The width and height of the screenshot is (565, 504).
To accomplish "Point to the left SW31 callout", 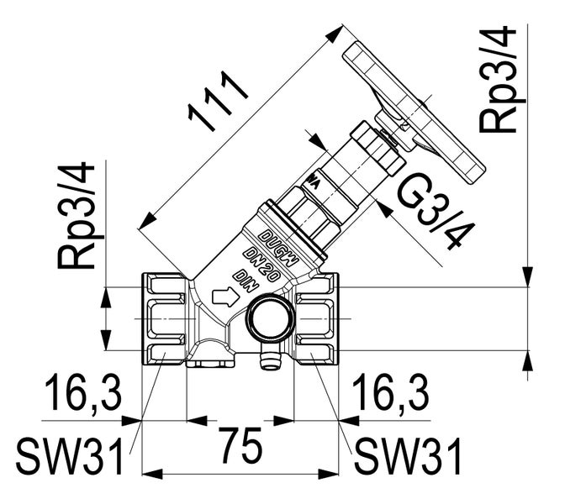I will pos(71,458).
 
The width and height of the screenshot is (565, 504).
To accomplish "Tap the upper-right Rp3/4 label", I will pos(498,79).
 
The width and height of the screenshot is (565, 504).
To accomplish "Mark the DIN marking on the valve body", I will pos(243,278).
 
